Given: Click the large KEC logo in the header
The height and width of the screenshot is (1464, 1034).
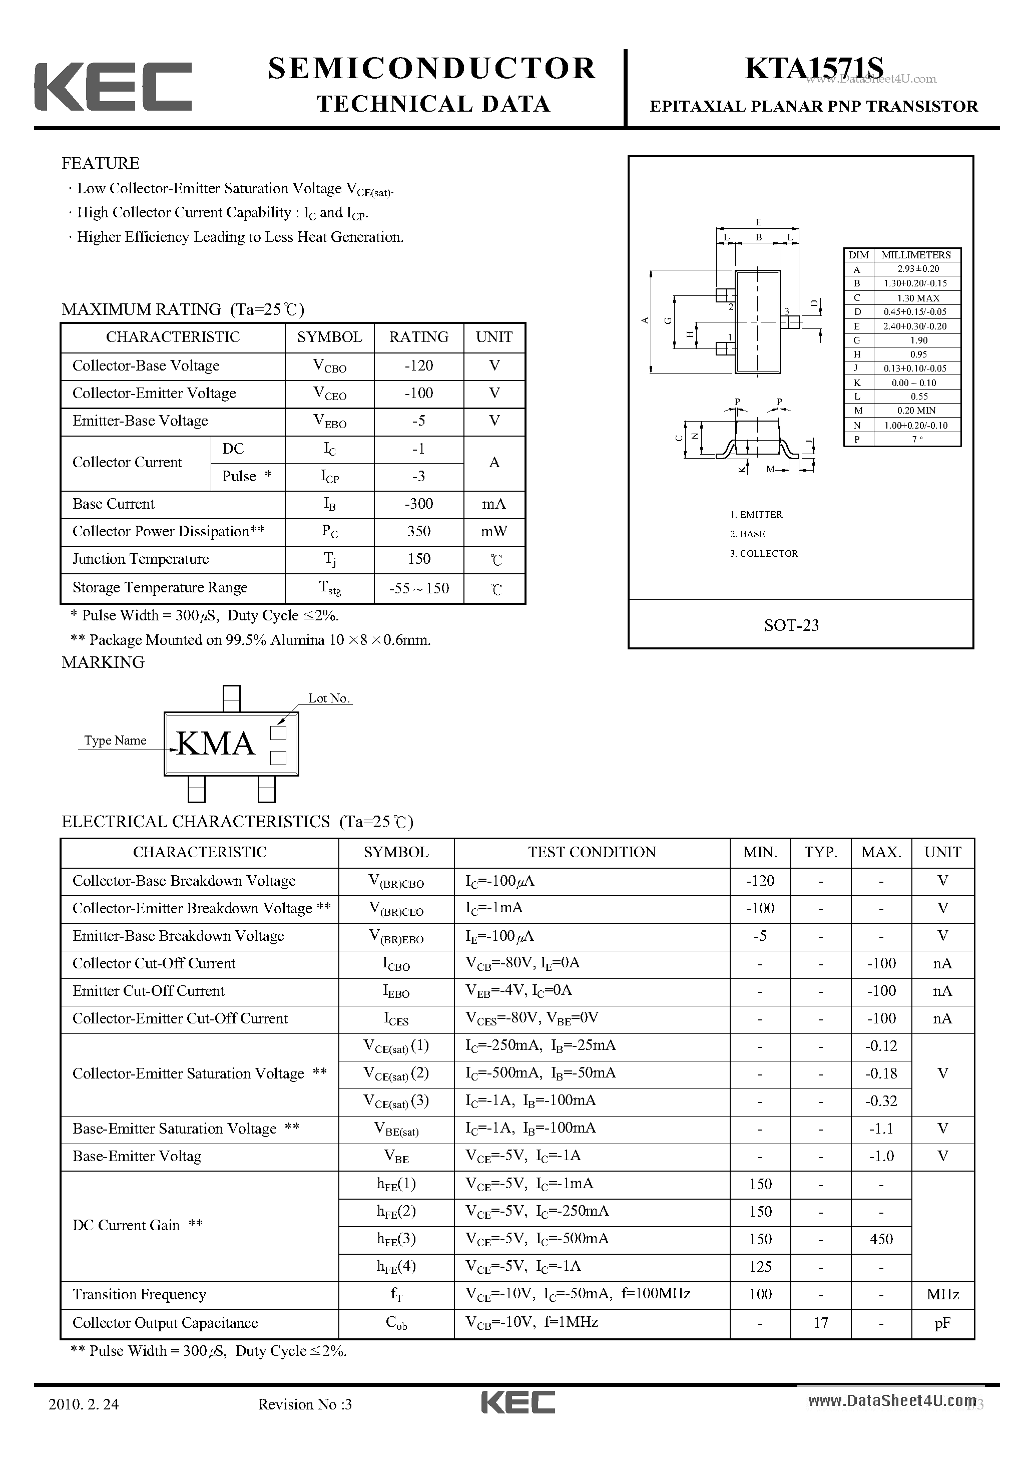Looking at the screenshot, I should (113, 86).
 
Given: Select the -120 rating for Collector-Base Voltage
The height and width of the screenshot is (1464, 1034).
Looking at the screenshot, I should (419, 366).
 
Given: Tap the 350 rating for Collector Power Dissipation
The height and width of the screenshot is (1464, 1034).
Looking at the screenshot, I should (419, 531).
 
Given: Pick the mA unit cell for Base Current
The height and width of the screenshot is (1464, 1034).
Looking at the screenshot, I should (494, 504).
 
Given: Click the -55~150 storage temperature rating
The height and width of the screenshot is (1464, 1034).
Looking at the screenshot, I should (419, 588).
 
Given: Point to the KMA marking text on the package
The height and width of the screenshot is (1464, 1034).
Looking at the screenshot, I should (216, 744).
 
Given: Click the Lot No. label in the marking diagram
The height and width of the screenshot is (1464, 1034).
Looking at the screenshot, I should (329, 698).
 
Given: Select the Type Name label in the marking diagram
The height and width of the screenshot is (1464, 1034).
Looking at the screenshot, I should (116, 741).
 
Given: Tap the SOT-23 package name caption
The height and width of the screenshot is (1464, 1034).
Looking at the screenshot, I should (791, 625).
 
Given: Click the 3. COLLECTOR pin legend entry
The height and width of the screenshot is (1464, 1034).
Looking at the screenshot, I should (764, 553).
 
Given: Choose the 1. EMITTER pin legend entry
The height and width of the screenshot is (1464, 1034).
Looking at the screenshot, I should (756, 515).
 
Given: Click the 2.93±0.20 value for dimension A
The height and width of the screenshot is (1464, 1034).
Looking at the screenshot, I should (918, 269).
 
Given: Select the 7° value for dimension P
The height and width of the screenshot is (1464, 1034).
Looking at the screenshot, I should (917, 439).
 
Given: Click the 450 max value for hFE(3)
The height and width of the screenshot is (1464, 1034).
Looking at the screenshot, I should (881, 1239).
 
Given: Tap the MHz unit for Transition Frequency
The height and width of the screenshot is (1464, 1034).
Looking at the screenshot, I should (942, 1294).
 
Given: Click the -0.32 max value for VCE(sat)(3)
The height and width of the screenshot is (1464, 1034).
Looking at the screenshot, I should (881, 1101).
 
